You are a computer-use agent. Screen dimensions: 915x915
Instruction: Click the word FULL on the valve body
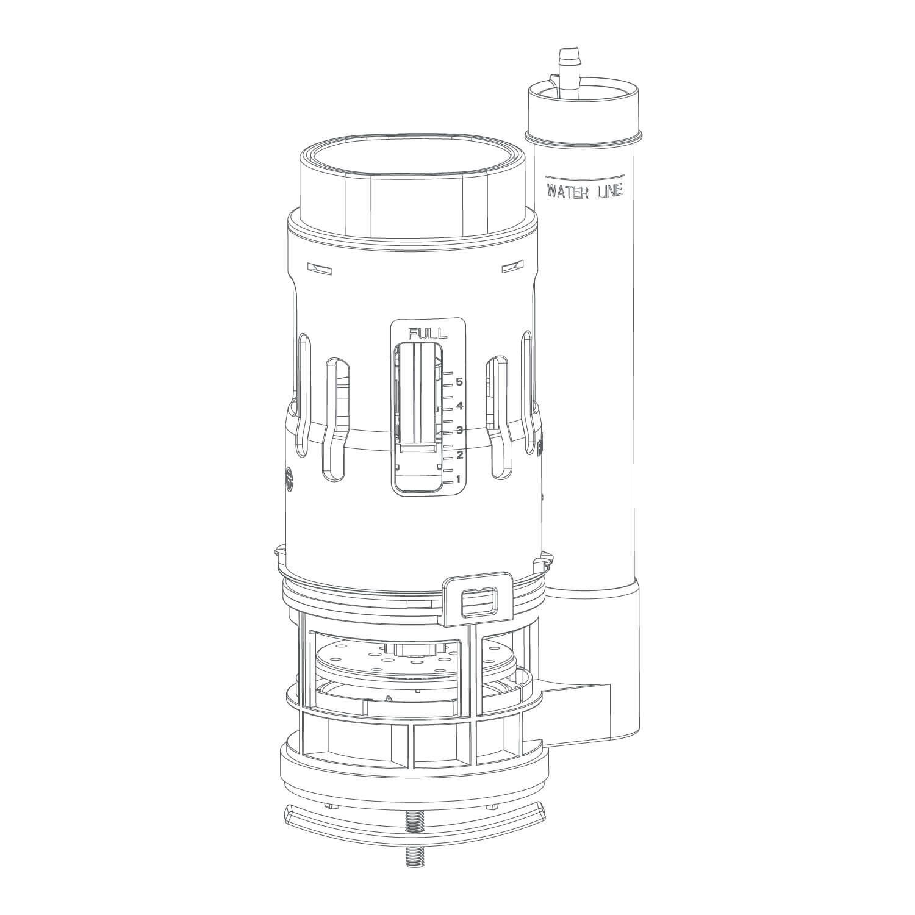pos(428,333)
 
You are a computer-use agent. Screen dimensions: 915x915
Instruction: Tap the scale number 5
pos(460,382)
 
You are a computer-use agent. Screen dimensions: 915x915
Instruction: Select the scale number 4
pos(460,406)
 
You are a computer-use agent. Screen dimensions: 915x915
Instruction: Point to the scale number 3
pos(460,430)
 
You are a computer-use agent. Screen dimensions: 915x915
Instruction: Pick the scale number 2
pos(460,454)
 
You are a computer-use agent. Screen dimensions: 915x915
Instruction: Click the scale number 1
pos(459,479)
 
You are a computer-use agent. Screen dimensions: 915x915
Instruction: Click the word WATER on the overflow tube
pos(569,192)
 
